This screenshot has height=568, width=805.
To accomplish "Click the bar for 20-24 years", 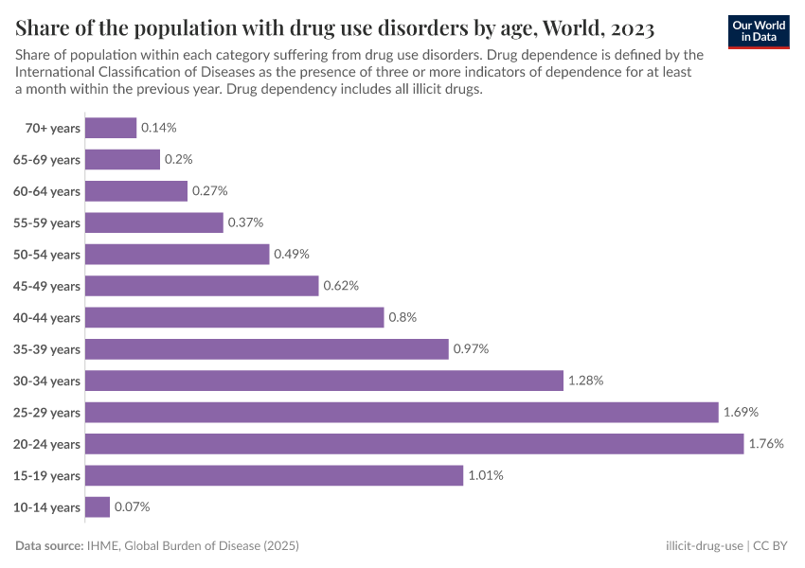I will pyautogui.click(x=414, y=444).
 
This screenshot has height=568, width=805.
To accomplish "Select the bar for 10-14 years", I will pyautogui.click(x=98, y=507).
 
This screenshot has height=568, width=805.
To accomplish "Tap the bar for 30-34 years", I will pyautogui.click(x=324, y=381).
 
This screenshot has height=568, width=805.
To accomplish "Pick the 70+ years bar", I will pyautogui.click(x=111, y=128).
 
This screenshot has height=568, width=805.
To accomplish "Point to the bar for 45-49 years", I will pyautogui.click(x=202, y=286).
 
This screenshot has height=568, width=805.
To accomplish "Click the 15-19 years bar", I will pyautogui.click(x=274, y=475).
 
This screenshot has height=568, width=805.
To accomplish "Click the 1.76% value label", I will pyautogui.click(x=765, y=444).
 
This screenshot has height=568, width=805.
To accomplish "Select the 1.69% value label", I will pyautogui.click(x=741, y=412).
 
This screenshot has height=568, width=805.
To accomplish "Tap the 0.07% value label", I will pyautogui.click(x=132, y=507).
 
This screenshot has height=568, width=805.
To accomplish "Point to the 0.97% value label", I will pyautogui.click(x=471, y=349).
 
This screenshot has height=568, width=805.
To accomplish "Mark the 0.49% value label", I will pyautogui.click(x=292, y=255).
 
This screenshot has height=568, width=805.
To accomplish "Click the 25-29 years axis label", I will pyautogui.click(x=46, y=413).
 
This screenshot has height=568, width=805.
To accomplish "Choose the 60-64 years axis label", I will pyautogui.click(x=46, y=191).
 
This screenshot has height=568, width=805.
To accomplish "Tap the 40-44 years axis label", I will pyautogui.click(x=46, y=318).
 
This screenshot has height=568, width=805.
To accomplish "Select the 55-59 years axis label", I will pyautogui.click(x=46, y=223).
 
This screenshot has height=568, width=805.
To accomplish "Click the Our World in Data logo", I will pyautogui.click(x=759, y=31).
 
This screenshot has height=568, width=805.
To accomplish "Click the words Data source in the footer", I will pyautogui.click(x=47, y=546).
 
